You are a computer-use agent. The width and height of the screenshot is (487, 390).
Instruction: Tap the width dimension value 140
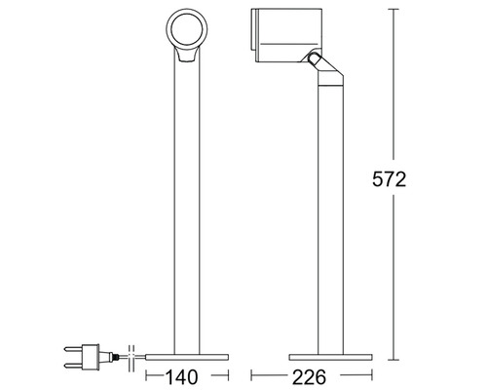(180, 373)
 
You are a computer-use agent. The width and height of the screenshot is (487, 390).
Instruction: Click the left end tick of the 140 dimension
(145, 373)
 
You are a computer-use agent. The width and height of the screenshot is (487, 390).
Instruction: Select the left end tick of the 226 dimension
(251, 373)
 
